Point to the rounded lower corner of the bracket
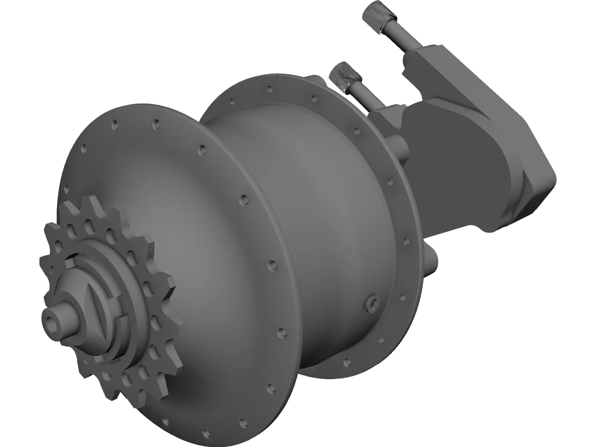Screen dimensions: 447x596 [x=499, y=227]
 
